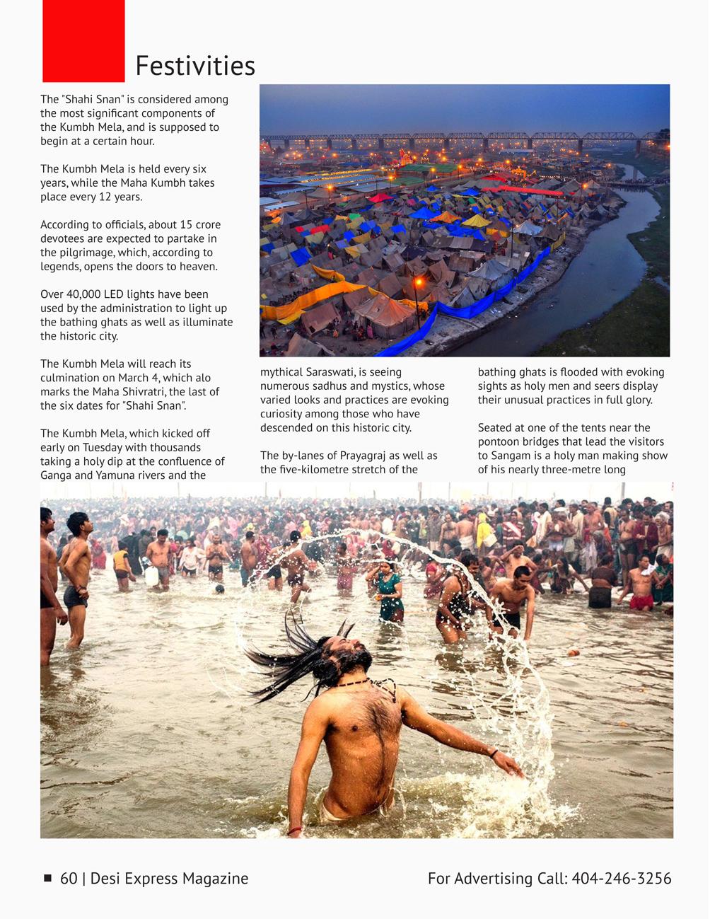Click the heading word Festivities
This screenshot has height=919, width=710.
tap(194, 66)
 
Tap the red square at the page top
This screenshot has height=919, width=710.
tap(83, 40)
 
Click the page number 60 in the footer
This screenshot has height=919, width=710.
tap(69, 878)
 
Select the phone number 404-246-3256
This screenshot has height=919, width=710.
tap(621, 878)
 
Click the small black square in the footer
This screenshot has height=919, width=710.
tap(48, 878)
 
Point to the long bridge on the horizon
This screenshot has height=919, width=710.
tap(460, 137)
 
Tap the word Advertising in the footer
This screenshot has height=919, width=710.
tap(495, 878)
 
